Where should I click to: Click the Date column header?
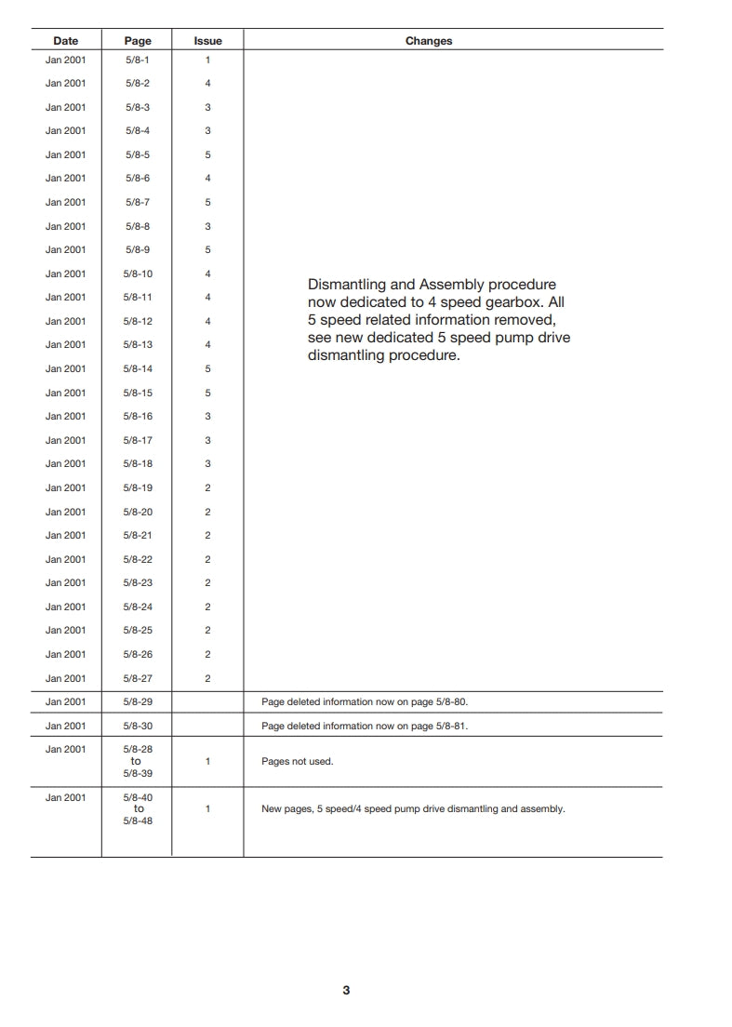pyautogui.click(x=65, y=41)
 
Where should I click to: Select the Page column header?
pyautogui.click(x=138, y=41)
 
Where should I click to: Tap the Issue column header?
pyautogui.click(x=207, y=41)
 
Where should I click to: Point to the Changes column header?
pyautogui.click(x=429, y=41)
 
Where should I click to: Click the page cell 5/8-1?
pyautogui.click(x=138, y=60)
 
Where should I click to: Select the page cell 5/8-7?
pyautogui.click(x=138, y=202)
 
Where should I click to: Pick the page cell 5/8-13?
pyautogui.click(x=138, y=345)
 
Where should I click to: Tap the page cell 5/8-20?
pyautogui.click(x=138, y=512)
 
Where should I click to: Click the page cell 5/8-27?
pyautogui.click(x=138, y=678)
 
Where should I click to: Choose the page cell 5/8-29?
pyautogui.click(x=138, y=702)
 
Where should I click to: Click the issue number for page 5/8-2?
pyautogui.click(x=207, y=84)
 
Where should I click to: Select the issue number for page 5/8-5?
pyautogui.click(x=207, y=154)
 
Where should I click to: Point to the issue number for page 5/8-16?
pyautogui.click(x=207, y=417)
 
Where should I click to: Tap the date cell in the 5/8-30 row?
pyautogui.click(x=65, y=726)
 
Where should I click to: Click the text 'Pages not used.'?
pyautogui.click(x=297, y=761)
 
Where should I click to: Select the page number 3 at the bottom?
pyautogui.click(x=346, y=991)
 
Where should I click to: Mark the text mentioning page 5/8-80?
pyautogui.click(x=371, y=702)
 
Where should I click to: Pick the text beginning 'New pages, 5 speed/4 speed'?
pyautogui.click(x=413, y=809)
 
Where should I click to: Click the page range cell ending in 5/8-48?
pyautogui.click(x=138, y=809)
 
